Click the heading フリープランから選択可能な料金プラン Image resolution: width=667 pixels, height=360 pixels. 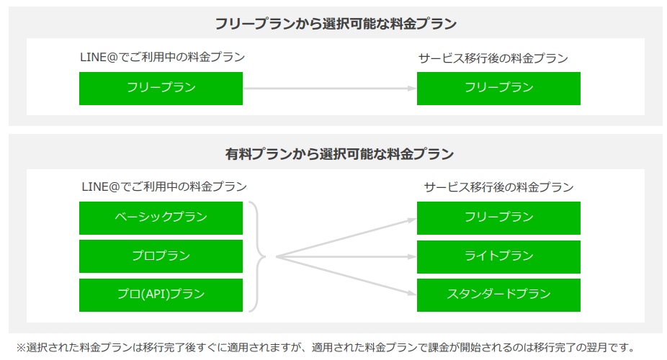[336, 23]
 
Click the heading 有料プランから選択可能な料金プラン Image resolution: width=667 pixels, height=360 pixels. [339, 153]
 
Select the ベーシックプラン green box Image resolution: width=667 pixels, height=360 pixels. [161, 218]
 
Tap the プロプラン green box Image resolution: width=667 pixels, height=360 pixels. [161, 256]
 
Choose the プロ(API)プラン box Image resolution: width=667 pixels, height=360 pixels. [161, 295]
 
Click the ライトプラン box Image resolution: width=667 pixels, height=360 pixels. [498, 257]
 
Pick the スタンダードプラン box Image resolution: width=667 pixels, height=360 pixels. [498, 295]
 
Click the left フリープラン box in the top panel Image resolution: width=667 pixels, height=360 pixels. [161, 89]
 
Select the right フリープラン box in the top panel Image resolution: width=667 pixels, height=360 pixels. [498, 89]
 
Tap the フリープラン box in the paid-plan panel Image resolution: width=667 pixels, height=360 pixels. [498, 218]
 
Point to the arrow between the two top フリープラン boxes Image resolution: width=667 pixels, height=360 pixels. [330, 89]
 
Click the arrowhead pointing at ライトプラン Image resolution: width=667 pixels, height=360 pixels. [412, 257]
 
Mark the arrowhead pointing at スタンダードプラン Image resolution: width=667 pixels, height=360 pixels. [412, 293]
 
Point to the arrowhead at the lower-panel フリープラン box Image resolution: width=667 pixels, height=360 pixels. [412, 220]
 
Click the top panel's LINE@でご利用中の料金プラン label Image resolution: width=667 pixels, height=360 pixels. [163, 57]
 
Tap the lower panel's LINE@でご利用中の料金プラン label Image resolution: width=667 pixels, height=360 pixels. [164, 186]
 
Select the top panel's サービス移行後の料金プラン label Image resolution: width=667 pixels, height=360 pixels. [493, 58]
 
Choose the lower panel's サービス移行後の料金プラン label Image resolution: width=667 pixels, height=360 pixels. [499, 187]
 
